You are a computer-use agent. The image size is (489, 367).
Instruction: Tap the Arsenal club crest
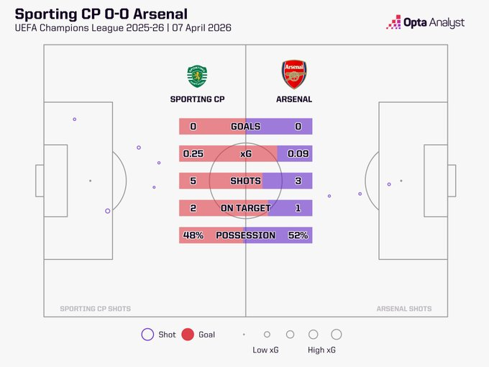click(x=294, y=75)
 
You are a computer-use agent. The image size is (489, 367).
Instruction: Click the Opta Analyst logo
click(x=425, y=22)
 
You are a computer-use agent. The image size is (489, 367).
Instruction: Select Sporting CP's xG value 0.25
click(x=193, y=154)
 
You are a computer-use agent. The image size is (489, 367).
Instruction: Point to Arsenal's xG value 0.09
click(x=298, y=154)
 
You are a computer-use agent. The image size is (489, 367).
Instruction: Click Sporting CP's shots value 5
click(x=193, y=181)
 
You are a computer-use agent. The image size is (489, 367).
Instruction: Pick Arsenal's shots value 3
click(x=298, y=181)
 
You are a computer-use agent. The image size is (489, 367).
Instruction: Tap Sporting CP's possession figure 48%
click(x=193, y=235)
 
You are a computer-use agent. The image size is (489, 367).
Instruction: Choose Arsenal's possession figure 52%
click(x=298, y=235)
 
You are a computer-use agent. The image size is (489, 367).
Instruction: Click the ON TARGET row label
click(x=245, y=209)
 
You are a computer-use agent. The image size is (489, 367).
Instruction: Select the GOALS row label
click(x=245, y=127)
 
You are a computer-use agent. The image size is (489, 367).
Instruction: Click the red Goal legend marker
click(x=188, y=335)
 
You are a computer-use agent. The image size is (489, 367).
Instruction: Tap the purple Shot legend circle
click(x=148, y=335)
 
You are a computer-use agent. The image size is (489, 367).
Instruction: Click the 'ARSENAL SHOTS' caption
click(x=404, y=309)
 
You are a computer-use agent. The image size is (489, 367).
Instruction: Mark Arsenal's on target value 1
click(x=298, y=209)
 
